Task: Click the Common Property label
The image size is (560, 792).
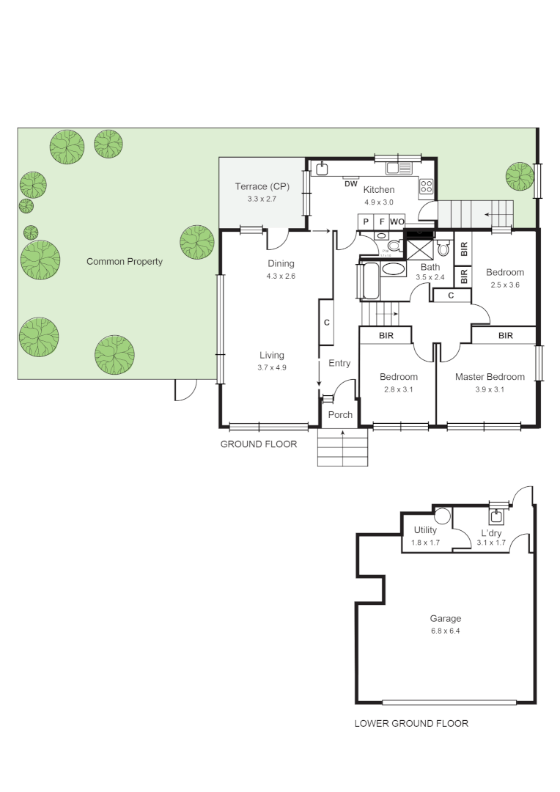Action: (125, 261)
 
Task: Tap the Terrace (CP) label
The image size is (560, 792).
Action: (262, 186)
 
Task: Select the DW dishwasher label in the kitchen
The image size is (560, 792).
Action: (350, 183)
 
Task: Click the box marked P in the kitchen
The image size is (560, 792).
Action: (366, 221)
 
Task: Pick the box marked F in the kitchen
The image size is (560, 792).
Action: (381, 221)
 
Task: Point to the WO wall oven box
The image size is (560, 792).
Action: (397, 221)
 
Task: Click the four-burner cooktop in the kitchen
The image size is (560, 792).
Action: (427, 187)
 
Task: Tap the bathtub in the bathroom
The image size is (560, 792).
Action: (370, 282)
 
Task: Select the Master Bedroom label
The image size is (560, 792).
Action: (490, 377)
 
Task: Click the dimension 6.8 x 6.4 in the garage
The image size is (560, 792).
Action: (446, 631)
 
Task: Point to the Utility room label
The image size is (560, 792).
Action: (425, 530)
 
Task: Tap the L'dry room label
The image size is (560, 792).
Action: (491, 533)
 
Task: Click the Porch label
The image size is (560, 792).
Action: (340, 414)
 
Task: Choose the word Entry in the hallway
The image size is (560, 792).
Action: (339, 363)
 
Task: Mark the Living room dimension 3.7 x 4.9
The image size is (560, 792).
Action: (271, 367)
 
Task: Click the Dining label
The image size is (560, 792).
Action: (281, 264)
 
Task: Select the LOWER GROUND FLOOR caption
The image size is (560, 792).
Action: (411, 723)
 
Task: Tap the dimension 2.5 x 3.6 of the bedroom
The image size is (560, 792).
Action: (504, 285)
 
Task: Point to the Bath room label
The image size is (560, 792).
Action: (430, 267)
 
